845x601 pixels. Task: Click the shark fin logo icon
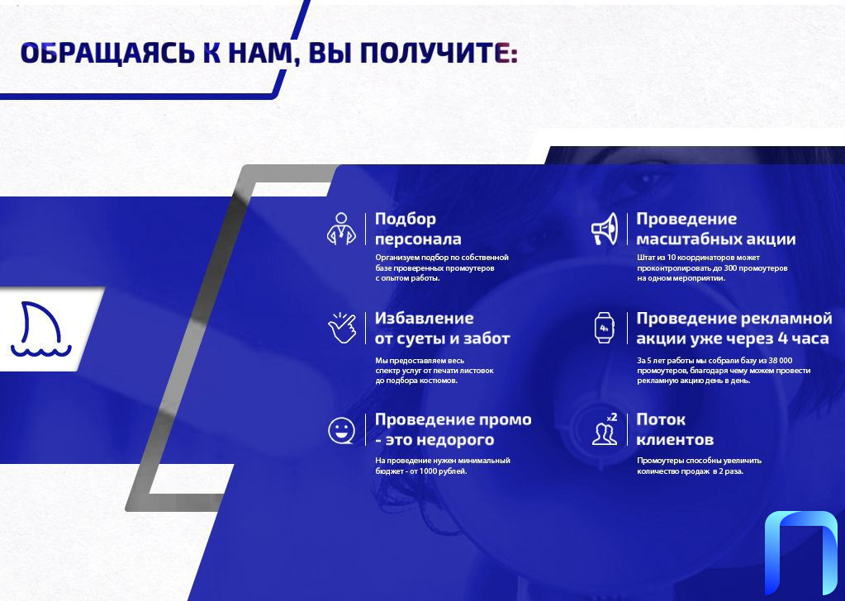[40, 329]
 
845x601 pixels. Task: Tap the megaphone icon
[605, 229]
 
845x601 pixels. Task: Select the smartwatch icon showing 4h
[604, 328]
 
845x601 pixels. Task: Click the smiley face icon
[342, 430]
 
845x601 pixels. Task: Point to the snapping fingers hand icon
[342, 328]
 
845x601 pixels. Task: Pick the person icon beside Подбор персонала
[342, 229]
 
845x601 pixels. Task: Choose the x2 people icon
[605, 429]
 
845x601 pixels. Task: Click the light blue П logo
[801, 553]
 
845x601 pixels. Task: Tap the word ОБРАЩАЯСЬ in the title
[107, 54]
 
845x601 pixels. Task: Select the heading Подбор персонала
[418, 229]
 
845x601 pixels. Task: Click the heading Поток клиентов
[675, 429]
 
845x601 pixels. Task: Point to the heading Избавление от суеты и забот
[443, 328]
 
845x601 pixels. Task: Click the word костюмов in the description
[439, 381]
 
